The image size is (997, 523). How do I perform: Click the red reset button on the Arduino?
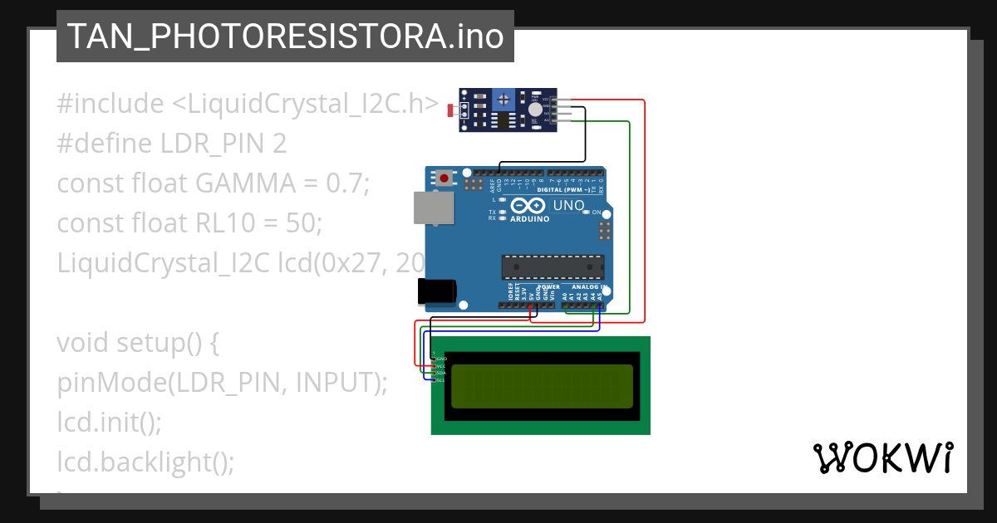445,178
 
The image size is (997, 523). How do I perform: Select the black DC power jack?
437,291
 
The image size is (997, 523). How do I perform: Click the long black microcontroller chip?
552,267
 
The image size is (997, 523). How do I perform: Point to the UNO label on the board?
568,205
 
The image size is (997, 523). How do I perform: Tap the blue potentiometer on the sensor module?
503,100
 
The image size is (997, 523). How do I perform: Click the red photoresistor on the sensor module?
451,110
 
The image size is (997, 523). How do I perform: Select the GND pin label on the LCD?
441,359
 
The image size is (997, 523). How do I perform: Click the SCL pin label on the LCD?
440,379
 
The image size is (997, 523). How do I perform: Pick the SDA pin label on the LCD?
441,373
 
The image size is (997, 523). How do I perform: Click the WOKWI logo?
882,457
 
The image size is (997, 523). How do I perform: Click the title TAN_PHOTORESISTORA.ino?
285,37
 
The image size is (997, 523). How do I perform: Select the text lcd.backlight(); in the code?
145,462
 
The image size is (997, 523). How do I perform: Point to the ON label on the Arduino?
597,213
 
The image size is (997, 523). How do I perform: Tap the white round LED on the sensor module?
535,110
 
